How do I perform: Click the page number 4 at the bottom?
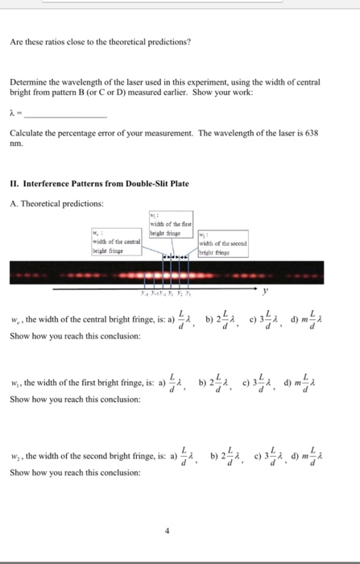coord(167,531)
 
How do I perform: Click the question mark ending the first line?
coord(188,42)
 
